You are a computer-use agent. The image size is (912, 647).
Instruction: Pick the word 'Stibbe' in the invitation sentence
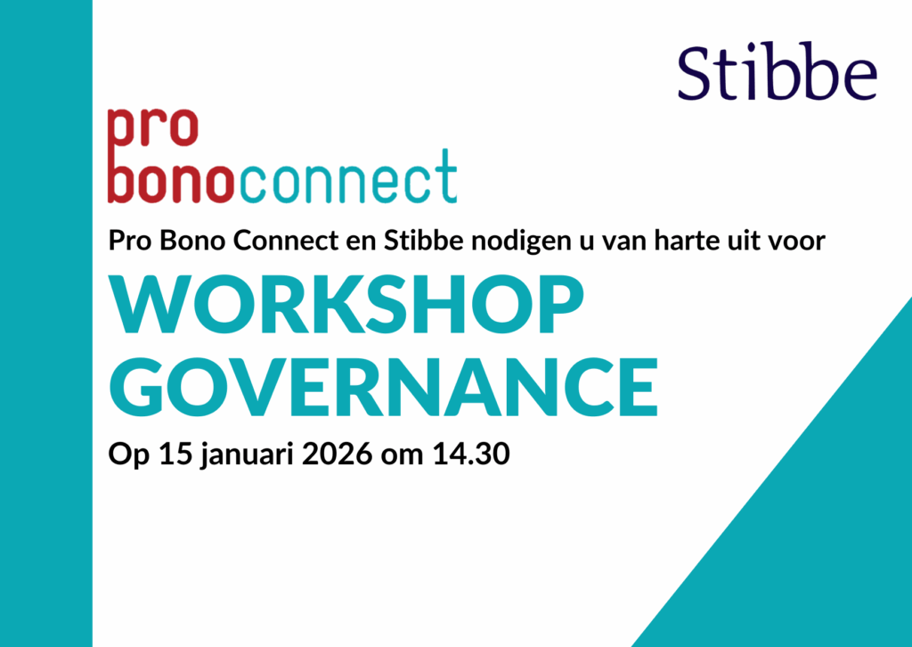click(x=414, y=241)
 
